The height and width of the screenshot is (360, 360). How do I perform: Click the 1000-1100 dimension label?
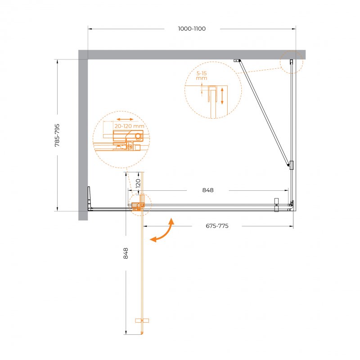pyautogui.click(x=192, y=29)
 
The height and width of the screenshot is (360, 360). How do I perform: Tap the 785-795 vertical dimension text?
pyautogui.click(x=57, y=135)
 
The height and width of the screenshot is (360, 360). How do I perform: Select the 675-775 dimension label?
pyautogui.click(x=217, y=226)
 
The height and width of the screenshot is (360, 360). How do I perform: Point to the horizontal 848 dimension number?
pyautogui.click(x=208, y=190)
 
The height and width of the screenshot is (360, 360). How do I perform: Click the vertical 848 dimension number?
pyautogui.click(x=126, y=253)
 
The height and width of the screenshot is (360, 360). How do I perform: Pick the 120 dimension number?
pyautogui.click(x=138, y=184)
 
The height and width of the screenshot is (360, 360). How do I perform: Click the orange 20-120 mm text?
pyautogui.click(x=129, y=126)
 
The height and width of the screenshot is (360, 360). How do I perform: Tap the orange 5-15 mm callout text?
pyautogui.click(x=202, y=76)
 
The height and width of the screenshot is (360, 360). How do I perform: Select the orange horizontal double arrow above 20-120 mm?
pyautogui.click(x=125, y=119)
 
